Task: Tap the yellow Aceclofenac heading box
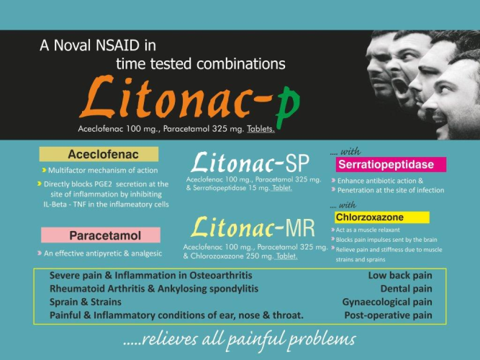coord(99,154)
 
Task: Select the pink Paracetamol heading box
coord(101,235)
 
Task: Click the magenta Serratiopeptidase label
coord(391,165)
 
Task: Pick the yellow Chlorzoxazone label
coord(382,217)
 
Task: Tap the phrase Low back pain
coord(400,276)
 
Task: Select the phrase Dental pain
coord(406,289)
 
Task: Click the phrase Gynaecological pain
coord(387,302)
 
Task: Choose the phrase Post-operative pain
coord(388,315)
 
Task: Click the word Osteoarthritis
coord(221,275)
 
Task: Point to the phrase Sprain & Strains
coord(86,302)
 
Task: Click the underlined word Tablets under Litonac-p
coord(261,129)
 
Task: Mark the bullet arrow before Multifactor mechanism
coord(44,170)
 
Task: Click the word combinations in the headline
coord(241,64)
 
